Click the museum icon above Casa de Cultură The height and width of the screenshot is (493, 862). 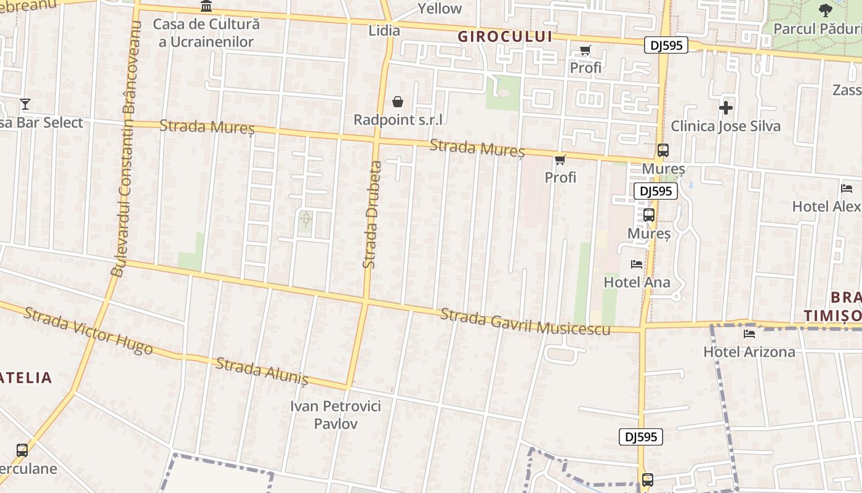tap(206, 6)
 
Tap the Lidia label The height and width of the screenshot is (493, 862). tap(384, 30)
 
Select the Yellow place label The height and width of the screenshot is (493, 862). tap(440, 9)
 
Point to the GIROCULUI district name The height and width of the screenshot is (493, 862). tap(505, 36)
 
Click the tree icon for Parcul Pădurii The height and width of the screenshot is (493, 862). tap(825, 10)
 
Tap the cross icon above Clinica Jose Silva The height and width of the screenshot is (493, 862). tap(726, 108)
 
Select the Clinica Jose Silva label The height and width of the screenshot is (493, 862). tap(725, 126)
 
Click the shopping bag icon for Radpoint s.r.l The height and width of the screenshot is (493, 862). tap(398, 101)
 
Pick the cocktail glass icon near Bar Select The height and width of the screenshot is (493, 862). tap(25, 104)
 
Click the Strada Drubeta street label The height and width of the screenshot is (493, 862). tap(371, 214)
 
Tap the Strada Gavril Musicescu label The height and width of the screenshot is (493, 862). tap(525, 322)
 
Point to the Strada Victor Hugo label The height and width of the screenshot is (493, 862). tap(88, 330)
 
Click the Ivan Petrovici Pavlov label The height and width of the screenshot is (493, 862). tap(336, 415)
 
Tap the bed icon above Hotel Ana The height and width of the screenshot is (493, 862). tap(637, 264)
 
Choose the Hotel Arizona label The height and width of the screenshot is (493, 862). tap(749, 352)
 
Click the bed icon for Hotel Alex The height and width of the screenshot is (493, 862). tap(847, 188)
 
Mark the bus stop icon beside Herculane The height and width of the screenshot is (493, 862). tap(22, 450)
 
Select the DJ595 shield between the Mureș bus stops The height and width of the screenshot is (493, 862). tap(656, 191)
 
